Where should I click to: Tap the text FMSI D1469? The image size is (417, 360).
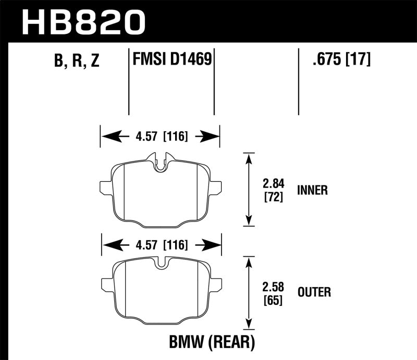pos(171,59)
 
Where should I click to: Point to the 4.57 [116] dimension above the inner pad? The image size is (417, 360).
pos(160,137)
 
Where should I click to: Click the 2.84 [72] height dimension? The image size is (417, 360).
pos(270,190)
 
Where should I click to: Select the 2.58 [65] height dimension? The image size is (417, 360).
pos(270,292)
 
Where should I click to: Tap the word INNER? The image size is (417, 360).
pos(312,190)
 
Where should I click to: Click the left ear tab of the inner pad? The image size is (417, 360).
pos(104,187)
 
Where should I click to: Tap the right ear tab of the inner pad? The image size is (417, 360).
pos(215,187)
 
